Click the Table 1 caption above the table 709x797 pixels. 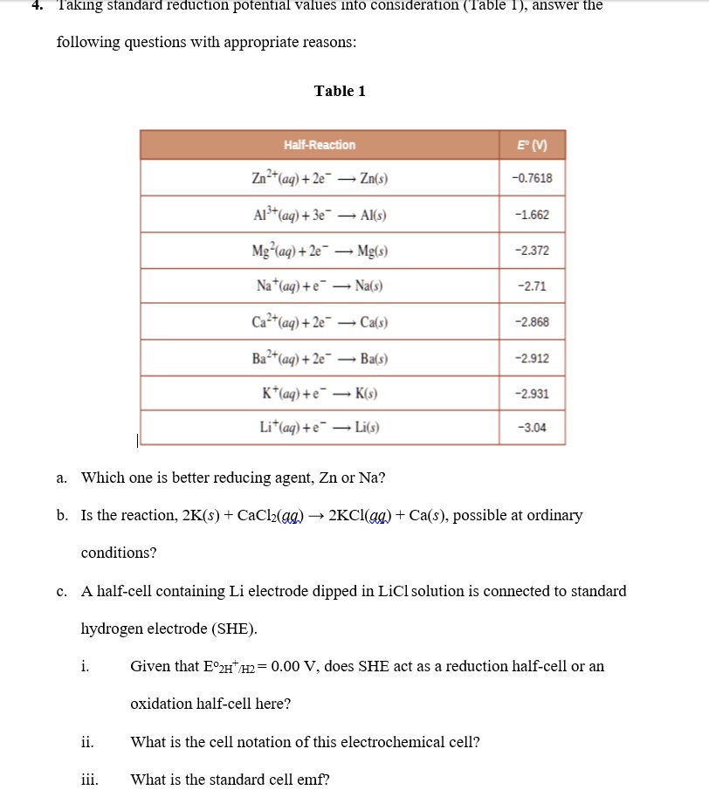340,91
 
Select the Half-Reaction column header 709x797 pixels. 320,145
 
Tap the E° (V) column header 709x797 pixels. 533,145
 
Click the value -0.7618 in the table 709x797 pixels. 533,179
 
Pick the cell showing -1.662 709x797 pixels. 533,215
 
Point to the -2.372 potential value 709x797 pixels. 533,251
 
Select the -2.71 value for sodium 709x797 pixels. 533,286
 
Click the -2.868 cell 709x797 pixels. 533,322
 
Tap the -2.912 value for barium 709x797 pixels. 533,358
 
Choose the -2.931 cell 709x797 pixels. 533,394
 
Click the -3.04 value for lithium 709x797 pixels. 533,428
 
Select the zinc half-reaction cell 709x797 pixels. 320,179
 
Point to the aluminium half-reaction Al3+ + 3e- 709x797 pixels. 320,215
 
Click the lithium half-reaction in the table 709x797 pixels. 320,428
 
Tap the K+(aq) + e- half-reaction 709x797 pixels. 320,394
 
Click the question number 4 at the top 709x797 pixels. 37,5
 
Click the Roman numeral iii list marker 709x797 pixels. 89,780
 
